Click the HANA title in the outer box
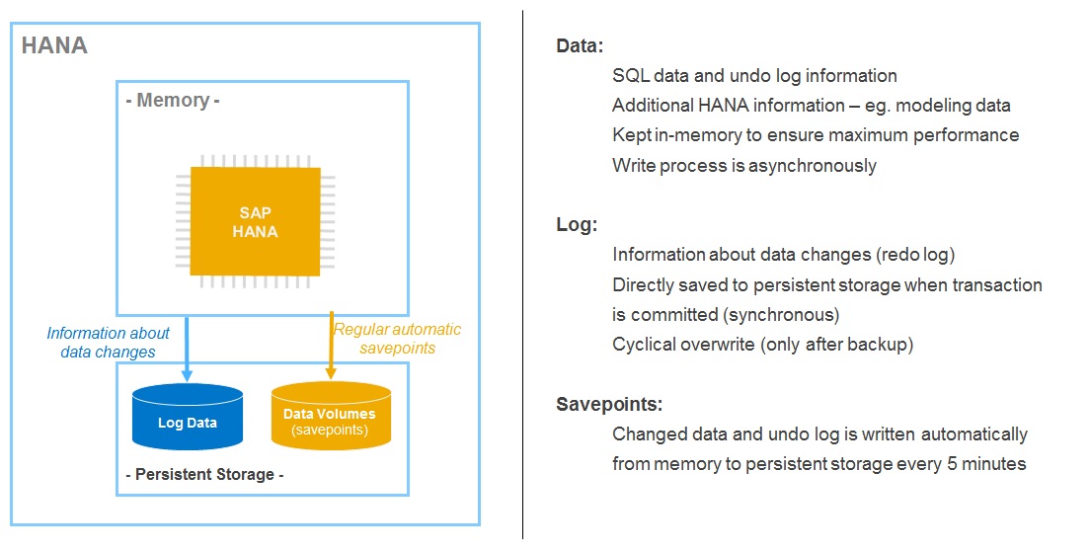54,45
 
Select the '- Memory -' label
173,100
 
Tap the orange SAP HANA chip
255,221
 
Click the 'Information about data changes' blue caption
108,342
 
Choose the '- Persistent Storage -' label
204,474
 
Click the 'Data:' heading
580,46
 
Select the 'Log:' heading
577,225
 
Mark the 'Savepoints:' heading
609,405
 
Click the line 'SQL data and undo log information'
754,76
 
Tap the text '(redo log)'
915,255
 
